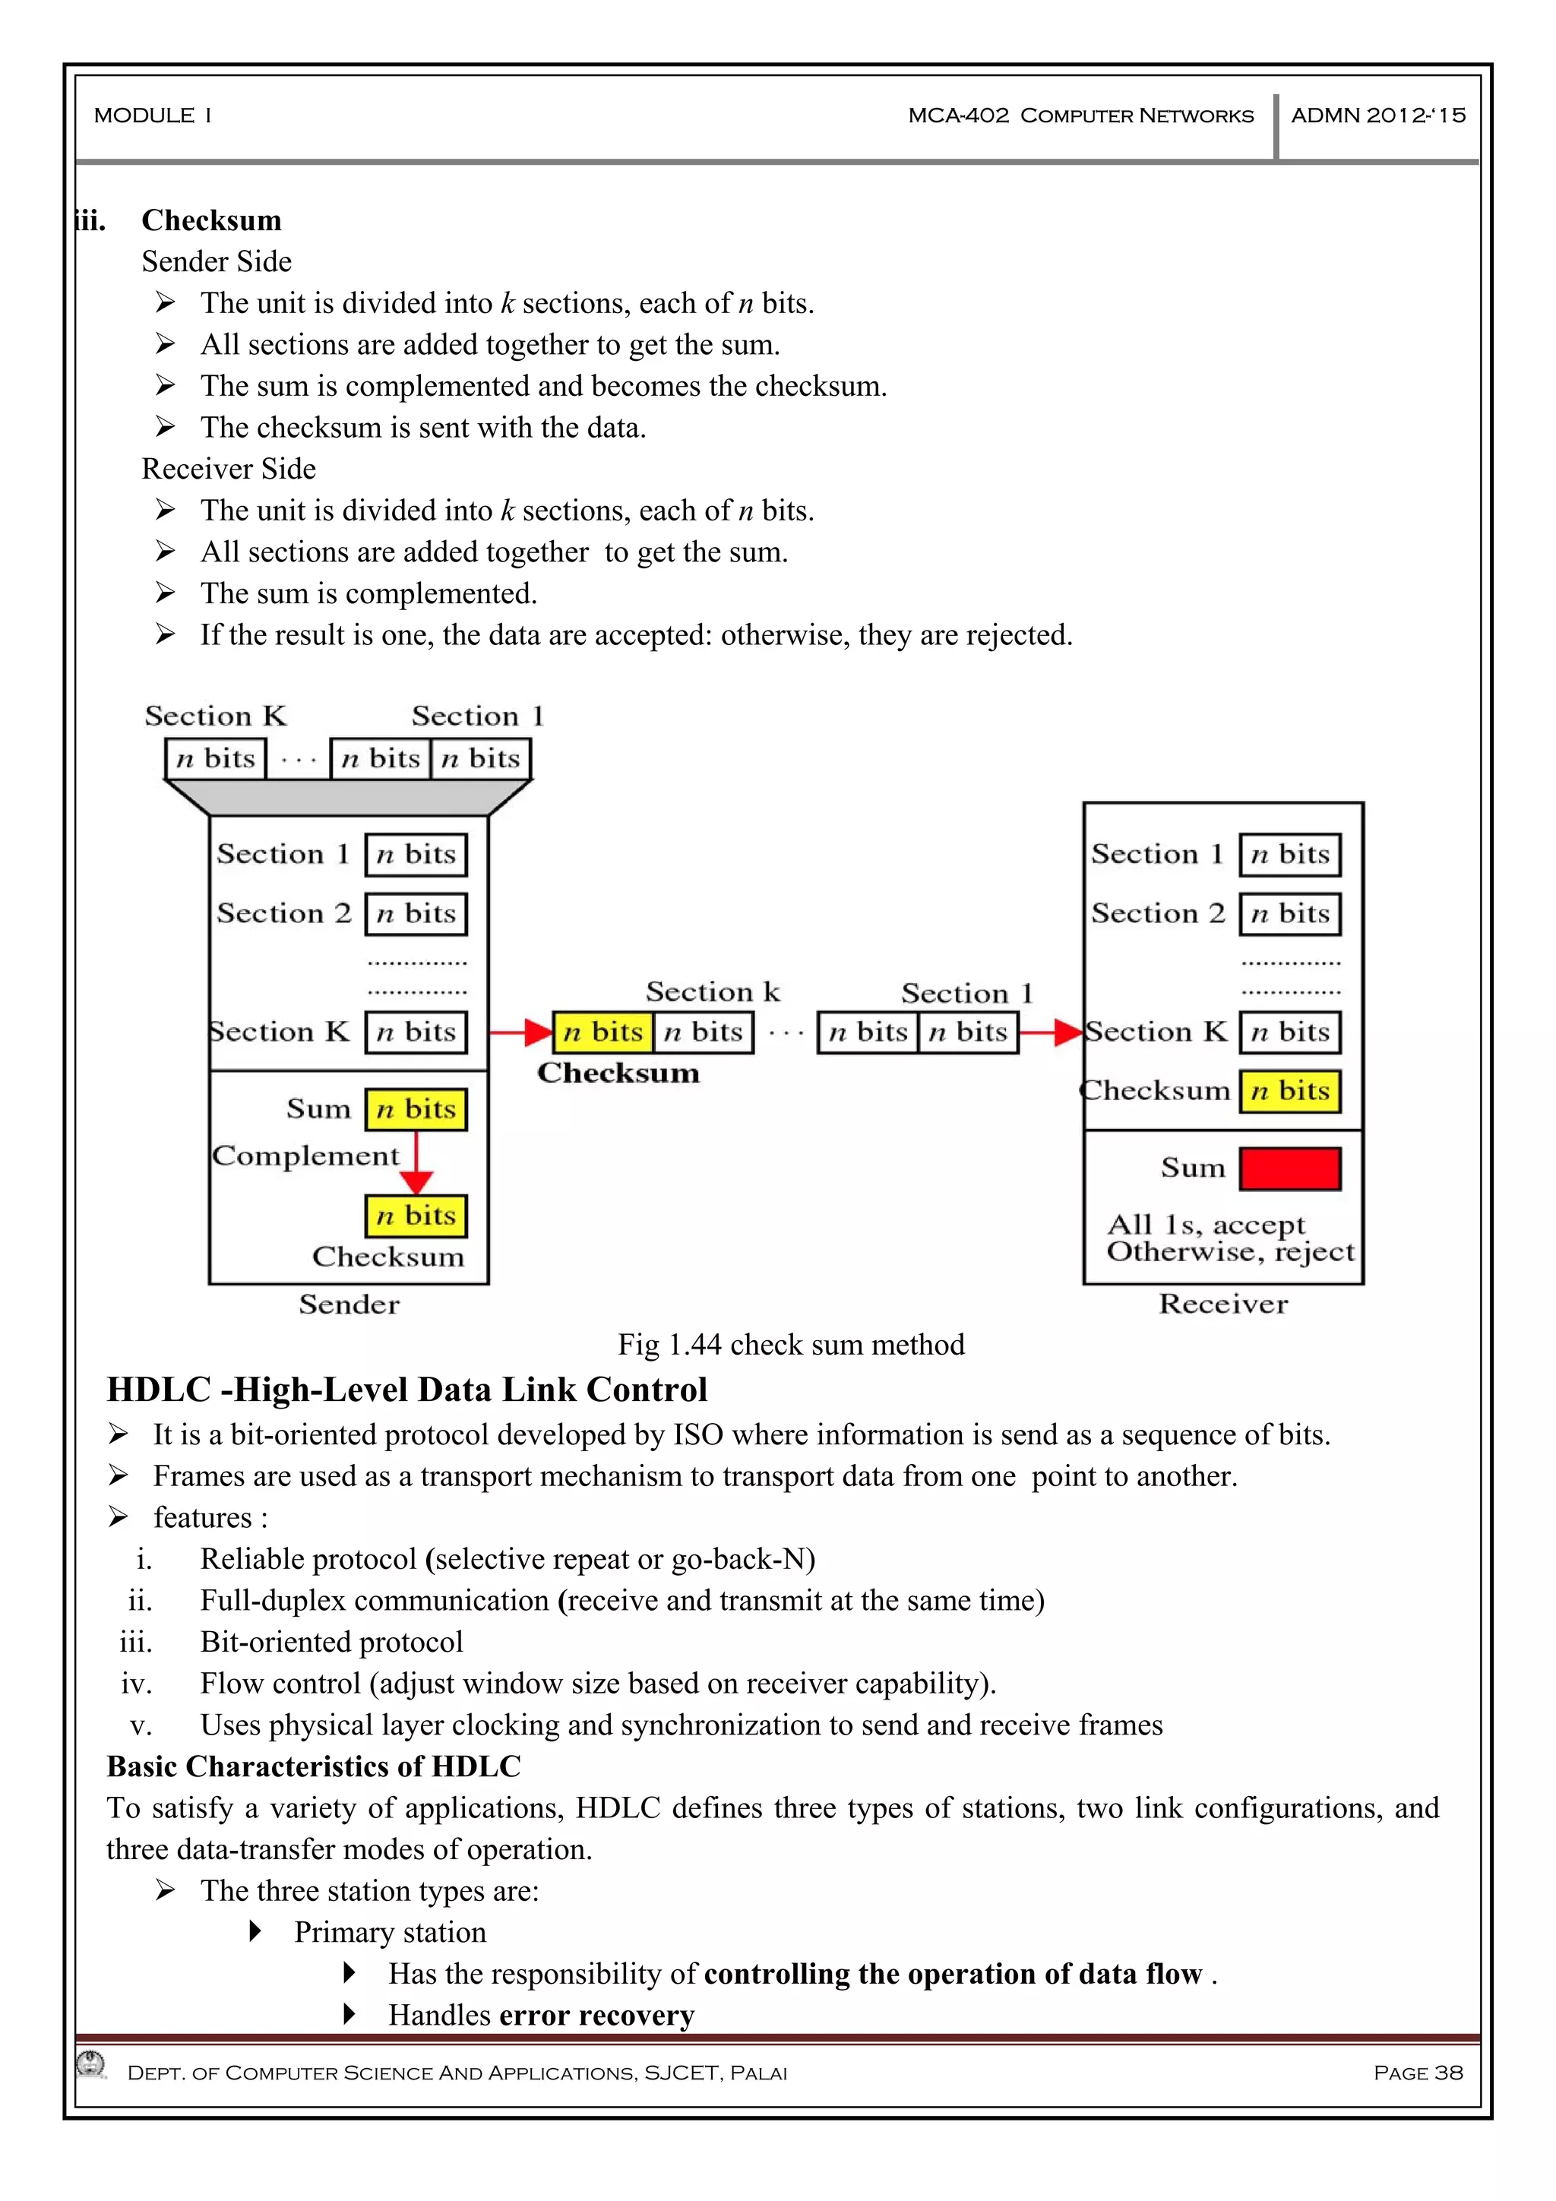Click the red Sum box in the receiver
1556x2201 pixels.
(1289, 1168)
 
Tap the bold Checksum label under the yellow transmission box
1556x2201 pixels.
(618, 1073)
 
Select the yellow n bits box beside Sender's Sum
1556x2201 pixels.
(416, 1109)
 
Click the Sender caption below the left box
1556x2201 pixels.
(349, 1304)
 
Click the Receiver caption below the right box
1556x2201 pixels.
(1223, 1304)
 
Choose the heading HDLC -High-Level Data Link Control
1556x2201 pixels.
(406, 1390)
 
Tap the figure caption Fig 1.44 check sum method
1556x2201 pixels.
(791, 1344)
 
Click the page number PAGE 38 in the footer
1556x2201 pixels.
(1418, 2073)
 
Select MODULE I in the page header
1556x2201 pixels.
(153, 116)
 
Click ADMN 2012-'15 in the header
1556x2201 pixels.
(1377, 116)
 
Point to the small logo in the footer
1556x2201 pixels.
(92, 2064)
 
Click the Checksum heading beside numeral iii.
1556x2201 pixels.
(212, 220)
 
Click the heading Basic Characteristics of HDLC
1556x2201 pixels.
(314, 1766)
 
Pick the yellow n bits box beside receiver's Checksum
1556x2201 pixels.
(1289, 1091)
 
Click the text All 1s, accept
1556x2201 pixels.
(1205, 1225)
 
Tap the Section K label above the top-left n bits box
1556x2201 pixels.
(216, 716)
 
